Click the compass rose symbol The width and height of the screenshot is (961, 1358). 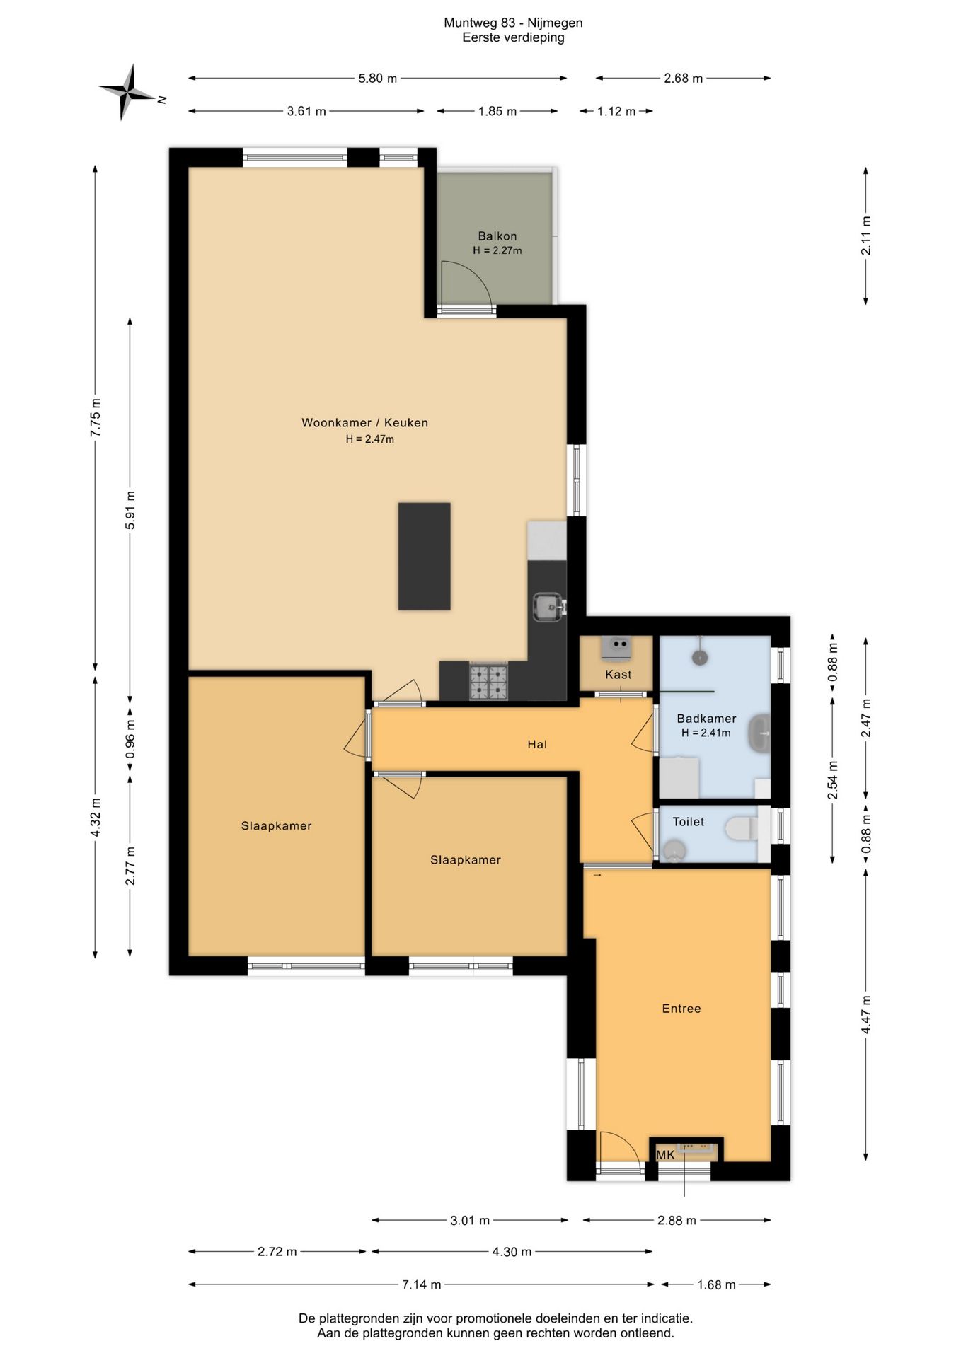pyautogui.click(x=127, y=92)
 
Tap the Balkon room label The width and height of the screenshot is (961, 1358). pyautogui.click(x=497, y=236)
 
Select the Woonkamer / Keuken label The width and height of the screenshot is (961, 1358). pyautogui.click(x=364, y=423)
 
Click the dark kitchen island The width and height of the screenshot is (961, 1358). pyautogui.click(x=425, y=557)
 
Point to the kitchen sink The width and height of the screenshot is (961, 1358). pyautogui.click(x=549, y=607)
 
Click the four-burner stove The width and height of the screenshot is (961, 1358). pyautogui.click(x=489, y=682)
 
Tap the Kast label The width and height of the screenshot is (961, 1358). pyautogui.click(x=618, y=675)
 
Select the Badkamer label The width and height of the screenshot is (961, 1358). pyautogui.click(x=706, y=719)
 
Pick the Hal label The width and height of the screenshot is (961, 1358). pyautogui.click(x=537, y=744)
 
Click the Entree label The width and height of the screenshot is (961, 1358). pyautogui.click(x=681, y=1009)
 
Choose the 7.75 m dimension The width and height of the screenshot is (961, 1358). pyautogui.click(x=96, y=417)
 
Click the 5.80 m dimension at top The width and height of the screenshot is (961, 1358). pyautogui.click(x=377, y=79)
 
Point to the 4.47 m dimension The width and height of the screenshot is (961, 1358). pyautogui.click(x=866, y=1014)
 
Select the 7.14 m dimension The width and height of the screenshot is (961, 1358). pyautogui.click(x=421, y=1284)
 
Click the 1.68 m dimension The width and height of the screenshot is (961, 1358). pyautogui.click(x=716, y=1284)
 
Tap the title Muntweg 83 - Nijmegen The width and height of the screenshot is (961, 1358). pyautogui.click(x=513, y=23)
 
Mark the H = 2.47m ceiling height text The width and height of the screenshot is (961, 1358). pyautogui.click(x=370, y=439)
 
